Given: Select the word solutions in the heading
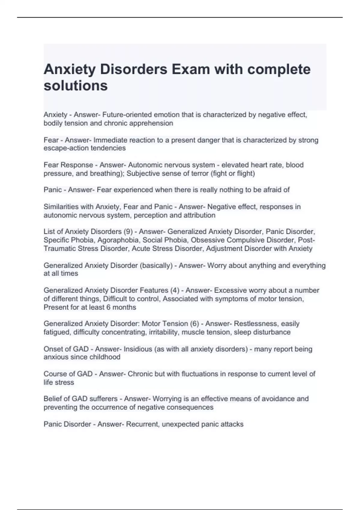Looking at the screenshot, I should click(76, 86).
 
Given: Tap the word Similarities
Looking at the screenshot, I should click(60, 207).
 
